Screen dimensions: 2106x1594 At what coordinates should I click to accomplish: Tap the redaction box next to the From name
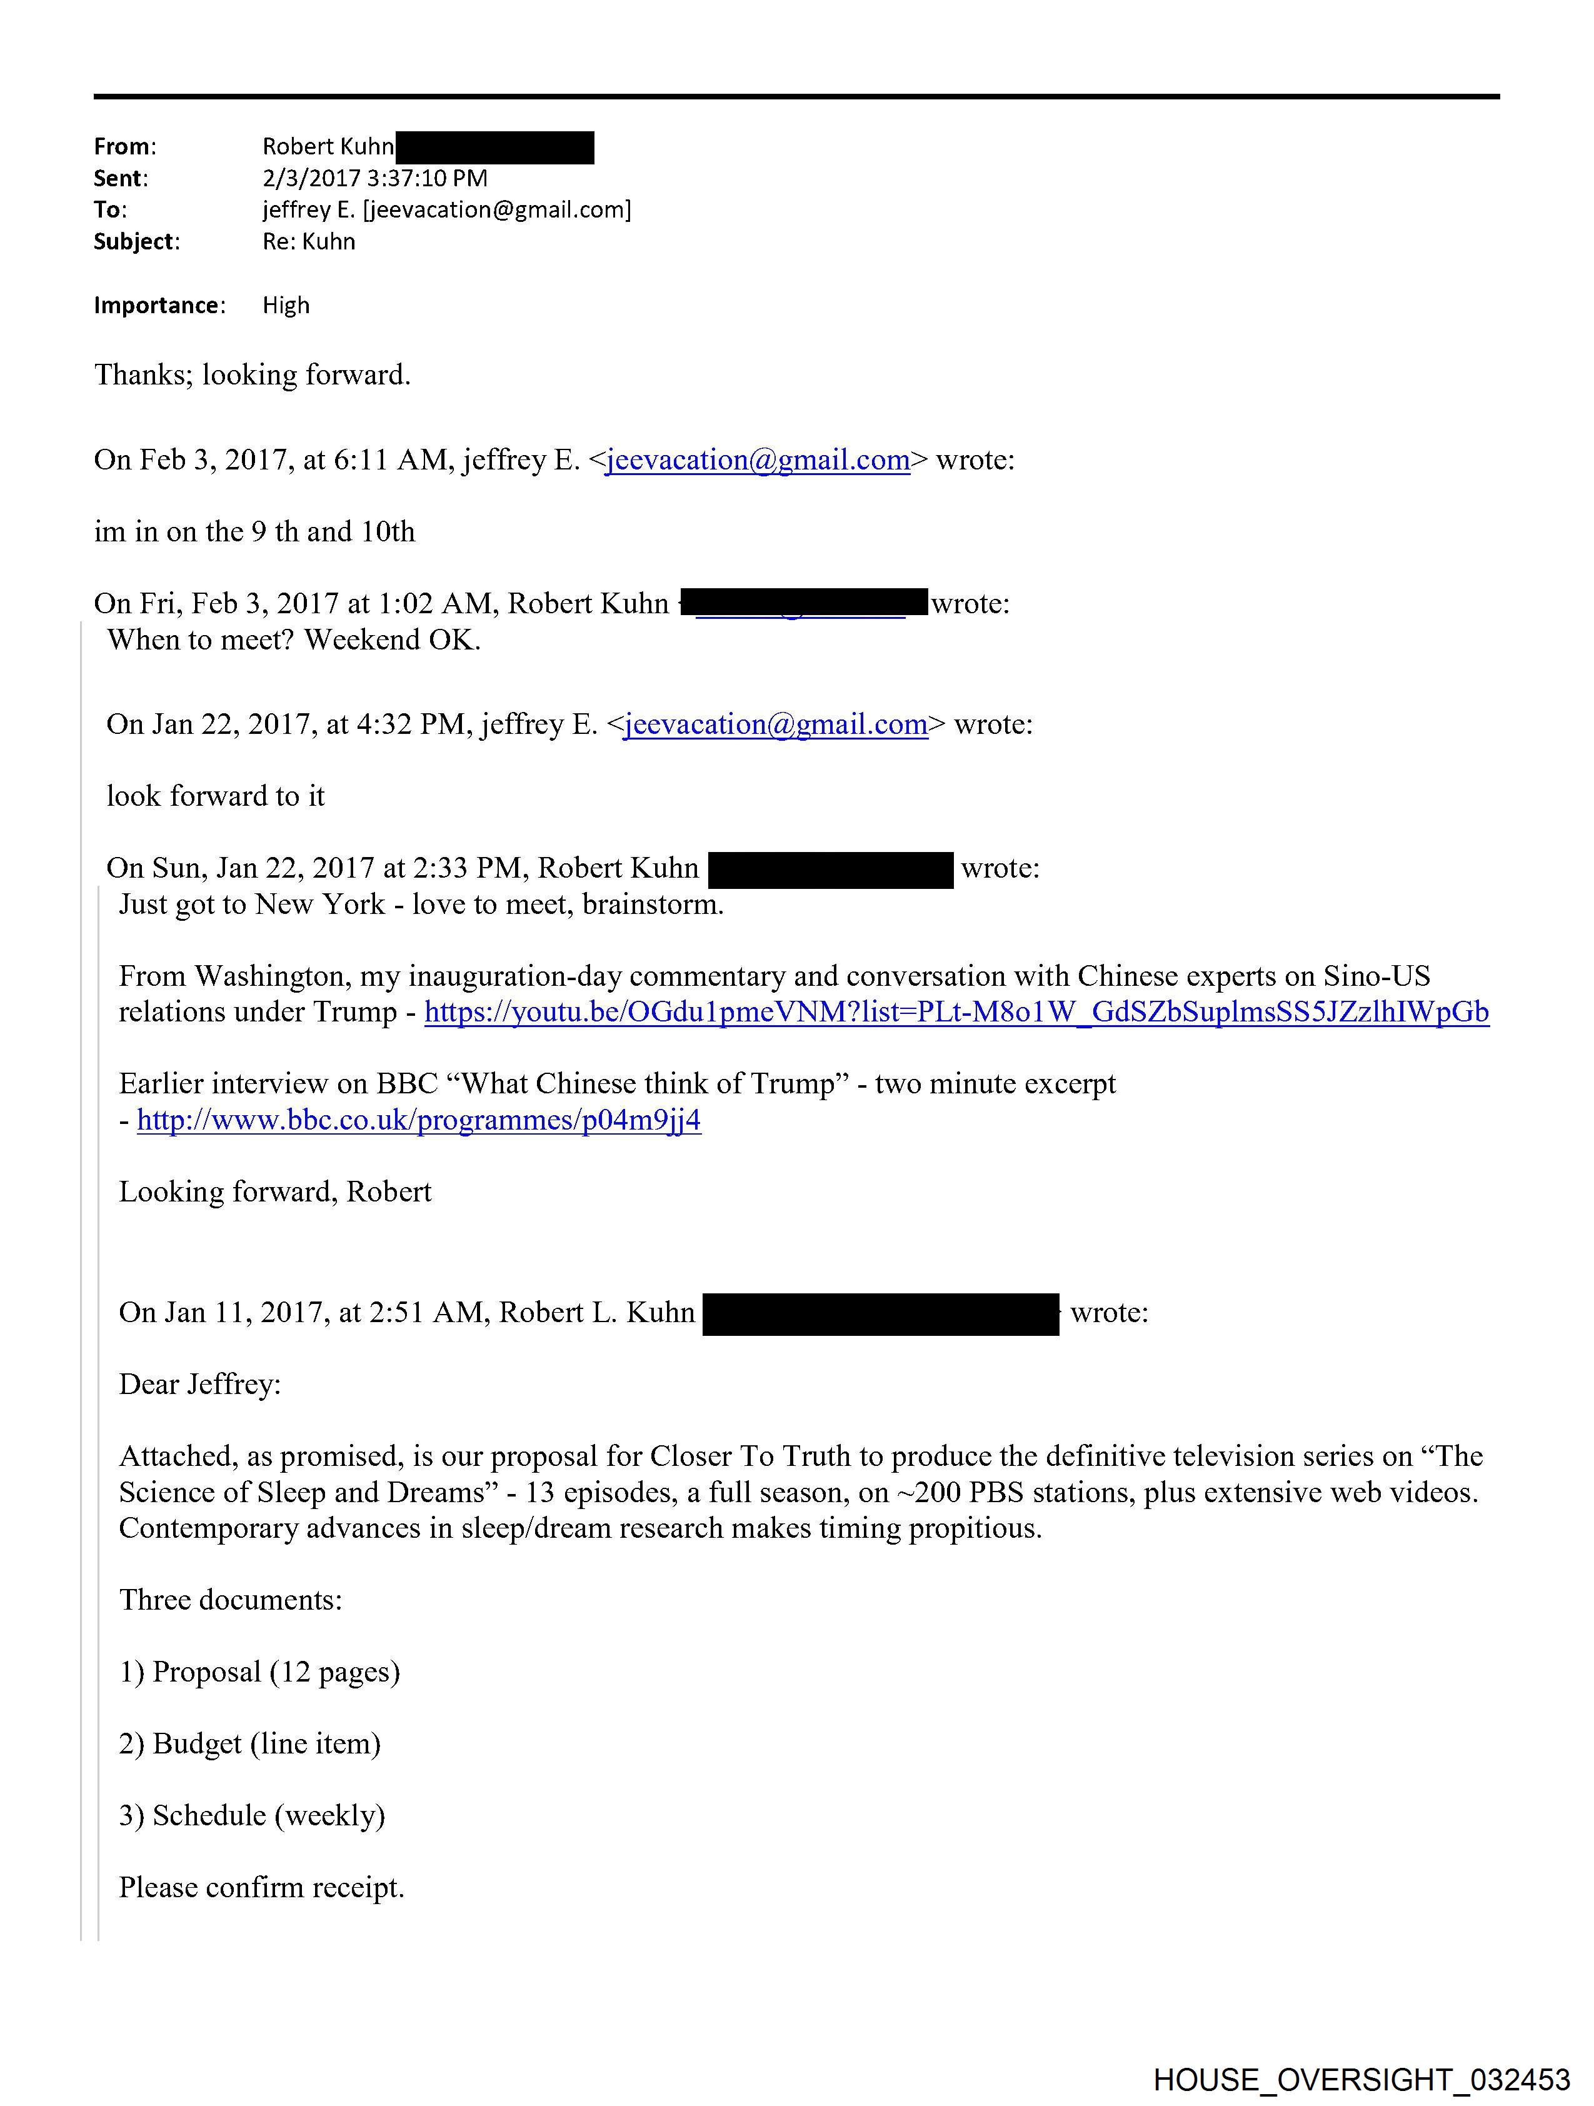pos(494,148)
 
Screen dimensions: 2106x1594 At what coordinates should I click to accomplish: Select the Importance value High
pos(286,306)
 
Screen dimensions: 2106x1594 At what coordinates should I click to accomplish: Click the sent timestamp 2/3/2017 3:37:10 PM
pos(374,178)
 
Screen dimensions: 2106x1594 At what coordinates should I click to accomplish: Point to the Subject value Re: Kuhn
pos(309,242)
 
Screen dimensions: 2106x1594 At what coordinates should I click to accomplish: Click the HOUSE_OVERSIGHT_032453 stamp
pos(1361,2079)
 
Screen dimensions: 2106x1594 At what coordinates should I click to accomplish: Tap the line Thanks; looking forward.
pos(253,375)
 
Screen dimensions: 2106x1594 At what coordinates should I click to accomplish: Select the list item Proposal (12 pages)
pos(259,1672)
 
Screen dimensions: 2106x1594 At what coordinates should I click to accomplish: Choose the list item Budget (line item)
pos(249,1743)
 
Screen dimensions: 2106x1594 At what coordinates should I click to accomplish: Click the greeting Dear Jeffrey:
pos(200,1385)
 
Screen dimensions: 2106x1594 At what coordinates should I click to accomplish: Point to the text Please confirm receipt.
pos(262,1887)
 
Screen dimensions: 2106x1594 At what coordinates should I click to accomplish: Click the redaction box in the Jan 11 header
pos(881,1314)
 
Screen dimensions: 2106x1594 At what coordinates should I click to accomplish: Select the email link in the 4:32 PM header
pos(775,725)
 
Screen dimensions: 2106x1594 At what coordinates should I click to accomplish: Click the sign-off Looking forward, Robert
pos(275,1192)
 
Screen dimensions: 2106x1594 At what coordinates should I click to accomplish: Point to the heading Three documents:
pos(231,1600)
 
